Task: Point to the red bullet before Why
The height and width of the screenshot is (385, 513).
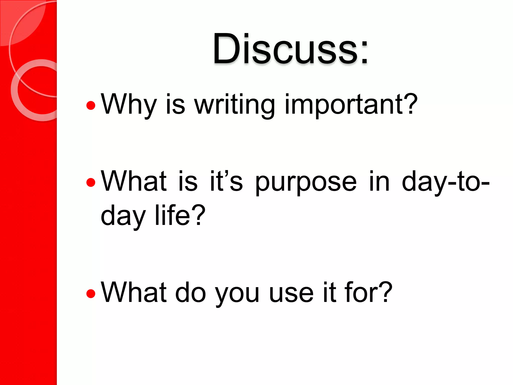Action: pos(91,106)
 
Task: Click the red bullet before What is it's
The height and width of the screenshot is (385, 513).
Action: pos(91,182)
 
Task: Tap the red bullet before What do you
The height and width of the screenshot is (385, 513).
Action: pos(91,294)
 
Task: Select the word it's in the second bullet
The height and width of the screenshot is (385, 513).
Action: pos(226,181)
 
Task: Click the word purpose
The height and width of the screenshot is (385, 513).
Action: pos(306,182)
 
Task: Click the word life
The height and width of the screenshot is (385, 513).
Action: pos(173,215)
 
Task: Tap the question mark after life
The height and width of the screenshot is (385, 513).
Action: pos(199,215)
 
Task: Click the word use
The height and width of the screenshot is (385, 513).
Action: pos(291,293)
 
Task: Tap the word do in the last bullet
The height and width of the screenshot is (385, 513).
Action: pos(190,292)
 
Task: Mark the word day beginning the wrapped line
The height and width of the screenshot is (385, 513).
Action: pos(123,216)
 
